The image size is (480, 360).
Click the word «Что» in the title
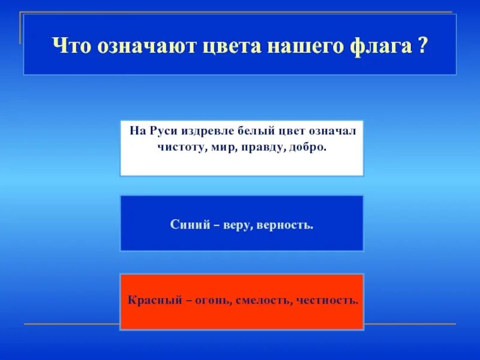(x=68, y=46)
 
